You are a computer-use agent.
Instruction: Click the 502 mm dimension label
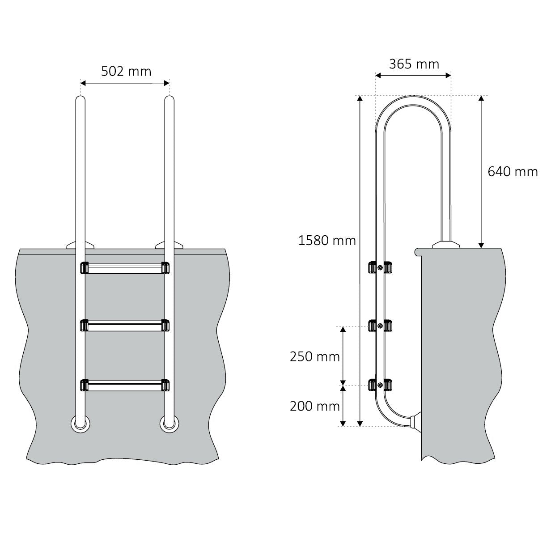pos(126,72)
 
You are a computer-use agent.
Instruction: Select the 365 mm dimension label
pos(414,64)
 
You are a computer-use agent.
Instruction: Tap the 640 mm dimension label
pos(513,172)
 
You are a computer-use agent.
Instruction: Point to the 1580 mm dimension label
pos(327,241)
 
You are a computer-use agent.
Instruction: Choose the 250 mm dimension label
pos(314,357)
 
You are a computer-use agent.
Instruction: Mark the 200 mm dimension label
pos(314,406)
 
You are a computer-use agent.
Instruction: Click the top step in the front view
pos(125,268)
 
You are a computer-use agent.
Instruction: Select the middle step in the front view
pos(125,326)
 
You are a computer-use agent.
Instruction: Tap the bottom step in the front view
pos(125,385)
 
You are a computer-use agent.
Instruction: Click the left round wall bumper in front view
pos(80,423)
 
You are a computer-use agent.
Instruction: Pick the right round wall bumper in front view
pos(170,423)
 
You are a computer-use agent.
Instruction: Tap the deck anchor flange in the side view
pos(446,245)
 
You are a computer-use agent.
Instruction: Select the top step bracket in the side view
pos(380,267)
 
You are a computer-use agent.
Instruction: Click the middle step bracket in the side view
pos(380,326)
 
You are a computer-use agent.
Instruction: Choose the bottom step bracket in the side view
pos(380,385)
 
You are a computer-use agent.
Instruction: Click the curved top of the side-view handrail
pos(413,102)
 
